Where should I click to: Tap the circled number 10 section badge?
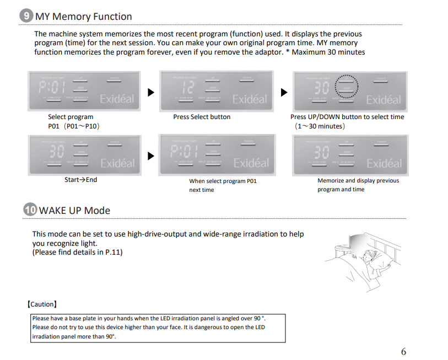30,210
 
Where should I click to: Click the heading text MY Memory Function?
84,17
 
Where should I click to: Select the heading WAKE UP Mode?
74,211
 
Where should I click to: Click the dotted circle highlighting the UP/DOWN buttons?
347,87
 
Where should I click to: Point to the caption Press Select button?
202,117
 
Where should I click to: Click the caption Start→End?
80,180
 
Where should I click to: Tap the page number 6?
403,352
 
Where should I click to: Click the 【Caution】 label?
41,304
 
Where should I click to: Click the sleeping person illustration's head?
368,256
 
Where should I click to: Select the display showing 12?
188,87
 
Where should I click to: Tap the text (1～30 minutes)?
320,126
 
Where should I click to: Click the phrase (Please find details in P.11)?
77,252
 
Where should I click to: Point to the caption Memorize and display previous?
358,180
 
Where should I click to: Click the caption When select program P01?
223,181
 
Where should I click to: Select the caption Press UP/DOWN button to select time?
347,117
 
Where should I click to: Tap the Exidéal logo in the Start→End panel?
117,163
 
